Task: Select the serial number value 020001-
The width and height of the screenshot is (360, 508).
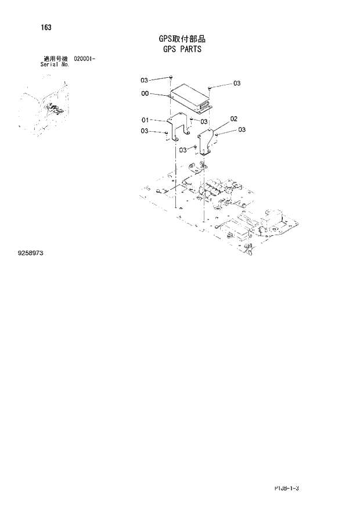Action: click(85, 59)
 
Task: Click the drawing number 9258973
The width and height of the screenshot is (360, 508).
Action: click(31, 254)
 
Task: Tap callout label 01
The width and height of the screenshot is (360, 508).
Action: click(145, 120)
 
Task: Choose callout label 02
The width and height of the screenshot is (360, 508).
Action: click(233, 119)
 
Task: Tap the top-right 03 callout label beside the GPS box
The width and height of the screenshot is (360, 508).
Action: click(236, 84)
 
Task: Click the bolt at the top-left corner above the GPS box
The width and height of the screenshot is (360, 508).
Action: click(172, 77)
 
